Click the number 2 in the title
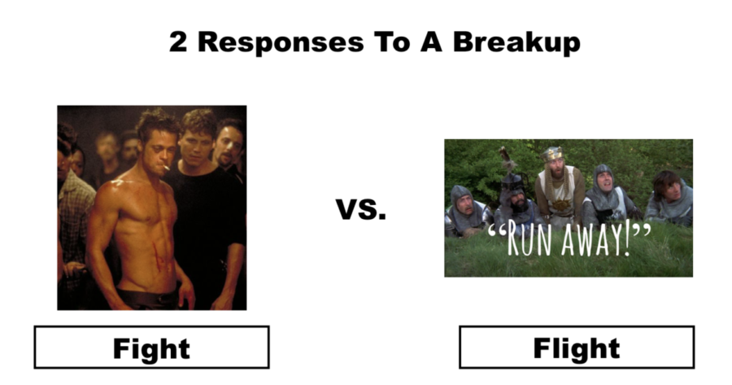point(178,42)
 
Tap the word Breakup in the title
point(516,42)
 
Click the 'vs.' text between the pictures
point(361,209)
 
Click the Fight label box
point(152,348)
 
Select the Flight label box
point(577,348)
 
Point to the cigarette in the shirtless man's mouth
point(165,166)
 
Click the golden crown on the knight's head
point(551,154)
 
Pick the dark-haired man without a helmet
point(669,196)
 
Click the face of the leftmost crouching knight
point(464,204)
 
